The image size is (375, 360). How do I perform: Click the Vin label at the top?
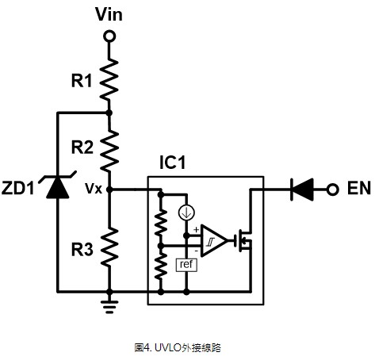[109, 14]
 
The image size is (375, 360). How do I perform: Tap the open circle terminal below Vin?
[109, 36]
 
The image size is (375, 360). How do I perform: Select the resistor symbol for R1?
[109, 79]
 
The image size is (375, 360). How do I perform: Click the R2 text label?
[82, 147]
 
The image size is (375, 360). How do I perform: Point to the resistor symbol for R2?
[109, 150]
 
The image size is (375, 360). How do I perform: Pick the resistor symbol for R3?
[109, 247]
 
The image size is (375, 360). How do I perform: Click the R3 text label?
[82, 249]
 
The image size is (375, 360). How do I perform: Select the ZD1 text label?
[18, 188]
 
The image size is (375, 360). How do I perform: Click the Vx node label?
[94, 189]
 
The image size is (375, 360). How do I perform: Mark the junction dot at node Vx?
[109, 190]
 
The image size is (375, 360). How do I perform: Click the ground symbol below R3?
[109, 307]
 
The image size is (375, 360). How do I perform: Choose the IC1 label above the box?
[173, 162]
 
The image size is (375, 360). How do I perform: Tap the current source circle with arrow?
[186, 213]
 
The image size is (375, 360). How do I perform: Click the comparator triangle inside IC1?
[214, 240]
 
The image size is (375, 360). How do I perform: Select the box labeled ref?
[186, 264]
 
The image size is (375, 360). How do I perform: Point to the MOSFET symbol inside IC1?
[243, 240]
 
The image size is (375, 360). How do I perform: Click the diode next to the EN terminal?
[302, 190]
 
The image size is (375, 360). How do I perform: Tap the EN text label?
[359, 188]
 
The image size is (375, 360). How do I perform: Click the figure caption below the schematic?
[178, 347]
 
